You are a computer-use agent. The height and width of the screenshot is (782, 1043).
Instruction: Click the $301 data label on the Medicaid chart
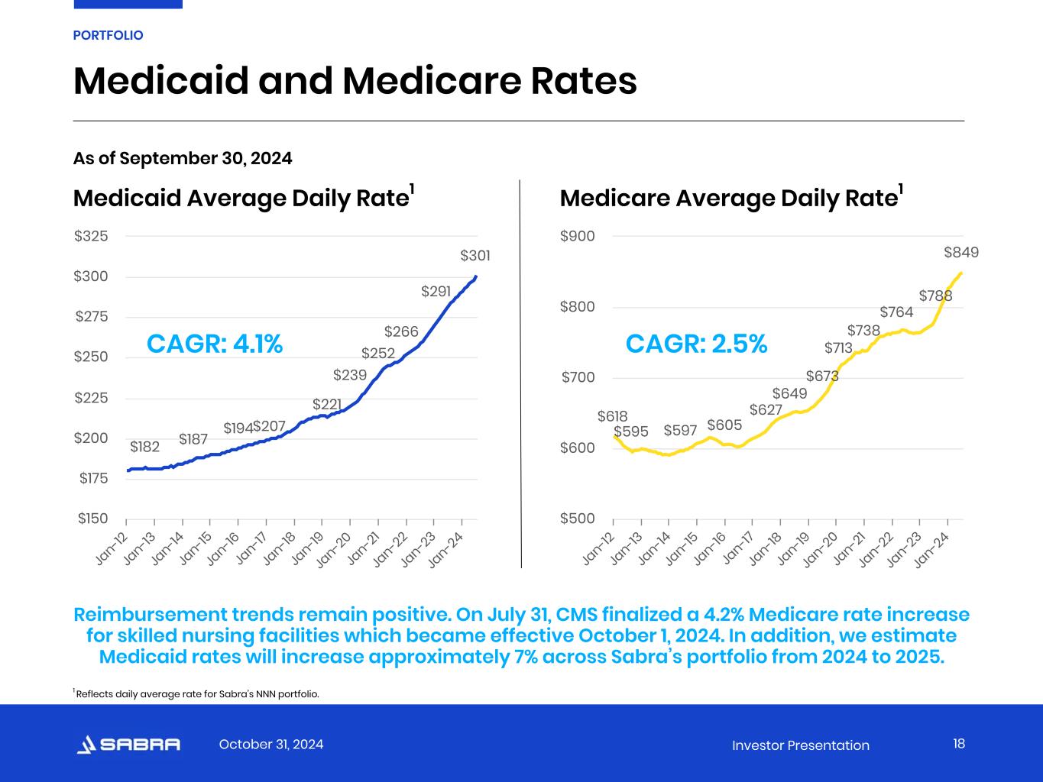(475, 256)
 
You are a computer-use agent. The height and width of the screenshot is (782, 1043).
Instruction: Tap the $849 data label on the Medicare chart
(960, 253)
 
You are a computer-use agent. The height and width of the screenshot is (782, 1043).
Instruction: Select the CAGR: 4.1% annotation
(215, 344)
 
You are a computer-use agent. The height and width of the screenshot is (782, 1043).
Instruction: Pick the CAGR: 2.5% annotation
(696, 344)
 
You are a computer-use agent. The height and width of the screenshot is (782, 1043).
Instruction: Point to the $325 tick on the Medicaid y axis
(92, 236)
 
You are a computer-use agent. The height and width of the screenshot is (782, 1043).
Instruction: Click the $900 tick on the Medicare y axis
(578, 236)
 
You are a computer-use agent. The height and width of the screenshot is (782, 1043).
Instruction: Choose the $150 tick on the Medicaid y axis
(92, 519)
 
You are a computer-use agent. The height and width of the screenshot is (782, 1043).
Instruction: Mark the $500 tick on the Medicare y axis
(578, 519)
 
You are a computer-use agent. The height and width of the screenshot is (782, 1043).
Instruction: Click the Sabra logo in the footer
(129, 745)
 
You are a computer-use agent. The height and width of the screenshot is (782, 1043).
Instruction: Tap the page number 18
(959, 744)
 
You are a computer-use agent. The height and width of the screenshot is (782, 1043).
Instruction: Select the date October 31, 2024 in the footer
(271, 745)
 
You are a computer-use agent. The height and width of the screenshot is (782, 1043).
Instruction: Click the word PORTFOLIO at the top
(108, 35)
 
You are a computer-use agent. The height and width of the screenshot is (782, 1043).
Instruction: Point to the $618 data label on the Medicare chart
(612, 416)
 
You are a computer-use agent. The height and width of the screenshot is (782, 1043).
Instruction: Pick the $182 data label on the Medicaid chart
(144, 447)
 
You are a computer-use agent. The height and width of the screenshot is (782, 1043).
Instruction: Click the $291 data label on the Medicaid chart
(436, 292)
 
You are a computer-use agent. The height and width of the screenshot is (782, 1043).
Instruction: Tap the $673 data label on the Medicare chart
(822, 376)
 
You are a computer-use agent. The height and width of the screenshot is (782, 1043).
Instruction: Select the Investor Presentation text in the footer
(800, 745)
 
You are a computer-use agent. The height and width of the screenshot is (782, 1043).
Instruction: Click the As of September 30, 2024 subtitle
(183, 158)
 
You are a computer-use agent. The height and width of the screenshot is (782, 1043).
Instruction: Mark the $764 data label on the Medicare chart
(896, 312)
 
